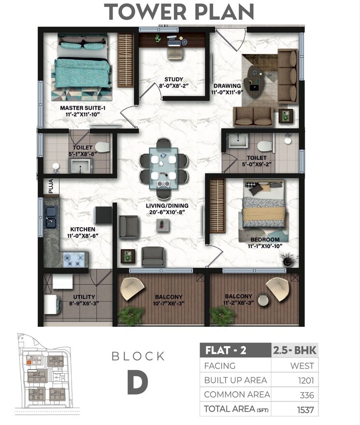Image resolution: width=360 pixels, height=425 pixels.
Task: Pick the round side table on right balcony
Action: [262, 300]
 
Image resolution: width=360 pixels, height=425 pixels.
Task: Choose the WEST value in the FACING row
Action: [302, 366]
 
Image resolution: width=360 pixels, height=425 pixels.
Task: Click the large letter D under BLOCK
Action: [138, 383]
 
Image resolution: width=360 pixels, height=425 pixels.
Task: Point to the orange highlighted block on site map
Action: [29, 361]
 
